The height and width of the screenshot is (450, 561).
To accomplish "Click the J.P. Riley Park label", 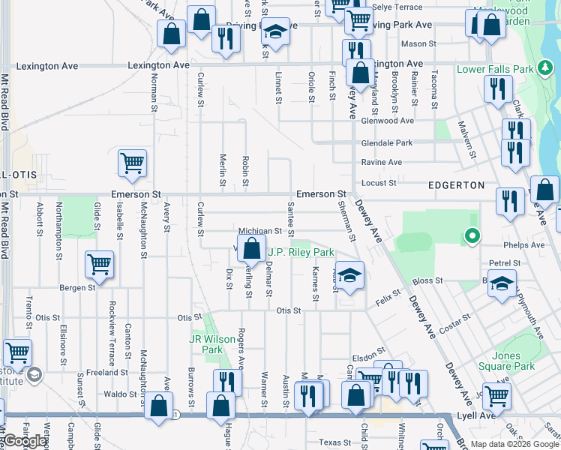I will point(301,253).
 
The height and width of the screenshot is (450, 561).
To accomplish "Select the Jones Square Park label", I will point(513,361).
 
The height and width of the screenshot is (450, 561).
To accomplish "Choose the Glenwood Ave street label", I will point(387,121).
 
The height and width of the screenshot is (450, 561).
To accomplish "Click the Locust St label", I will point(379,183).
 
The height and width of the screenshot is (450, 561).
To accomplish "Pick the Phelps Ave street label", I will point(527,244).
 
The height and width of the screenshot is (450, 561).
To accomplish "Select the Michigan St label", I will point(259,232).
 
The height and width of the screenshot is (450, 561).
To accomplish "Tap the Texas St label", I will point(334,442).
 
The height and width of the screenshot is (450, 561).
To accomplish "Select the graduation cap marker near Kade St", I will point(349,274).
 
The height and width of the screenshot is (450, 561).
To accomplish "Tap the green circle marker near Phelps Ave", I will point(472,237).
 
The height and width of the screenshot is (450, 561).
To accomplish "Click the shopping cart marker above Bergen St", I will point(100,263).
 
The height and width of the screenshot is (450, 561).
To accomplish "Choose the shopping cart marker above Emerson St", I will point(132,163).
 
